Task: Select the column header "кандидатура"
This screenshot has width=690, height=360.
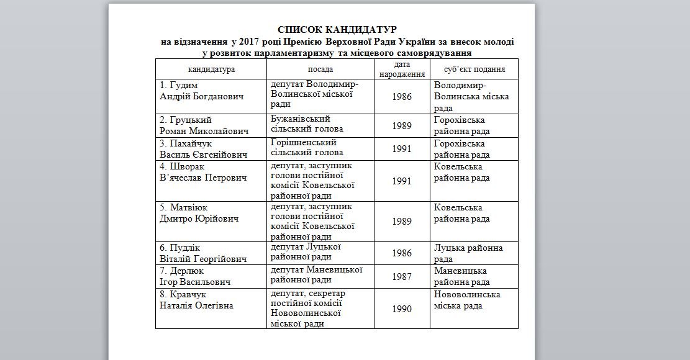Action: (211, 69)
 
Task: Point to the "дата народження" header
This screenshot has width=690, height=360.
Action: (402, 69)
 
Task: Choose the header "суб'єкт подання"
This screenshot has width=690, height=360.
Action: (474, 69)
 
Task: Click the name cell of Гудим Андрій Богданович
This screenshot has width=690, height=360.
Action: (202, 91)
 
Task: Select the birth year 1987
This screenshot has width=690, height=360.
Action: (402, 277)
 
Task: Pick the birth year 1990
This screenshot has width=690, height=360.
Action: (402, 308)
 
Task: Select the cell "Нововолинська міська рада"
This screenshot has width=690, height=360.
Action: (467, 300)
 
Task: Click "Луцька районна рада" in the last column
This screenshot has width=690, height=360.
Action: (468, 253)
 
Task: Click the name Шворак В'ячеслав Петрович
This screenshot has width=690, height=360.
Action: (202, 173)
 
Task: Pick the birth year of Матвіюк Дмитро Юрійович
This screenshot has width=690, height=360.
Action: (402, 222)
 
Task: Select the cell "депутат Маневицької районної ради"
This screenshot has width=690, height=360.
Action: (316, 274)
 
